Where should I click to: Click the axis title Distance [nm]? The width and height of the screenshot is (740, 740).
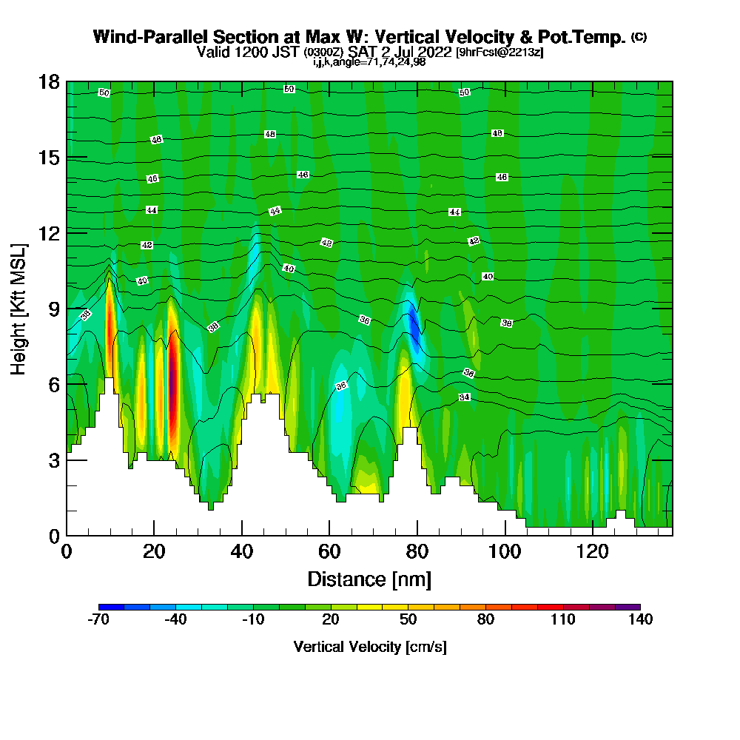coord(369,579)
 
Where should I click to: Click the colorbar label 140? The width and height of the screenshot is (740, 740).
coord(640,620)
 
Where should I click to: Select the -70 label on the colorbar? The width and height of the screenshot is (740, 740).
coord(98,620)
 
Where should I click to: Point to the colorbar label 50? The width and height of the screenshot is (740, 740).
coord(408,620)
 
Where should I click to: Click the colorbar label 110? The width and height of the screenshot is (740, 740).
coord(562,620)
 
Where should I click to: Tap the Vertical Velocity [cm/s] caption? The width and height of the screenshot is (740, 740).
coord(369,647)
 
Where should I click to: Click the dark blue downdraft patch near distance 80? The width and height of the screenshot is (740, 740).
coord(415,330)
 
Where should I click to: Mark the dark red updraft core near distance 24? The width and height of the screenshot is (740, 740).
coord(173,392)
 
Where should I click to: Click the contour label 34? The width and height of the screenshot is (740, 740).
coord(464,397)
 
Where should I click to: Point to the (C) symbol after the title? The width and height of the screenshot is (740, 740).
coord(639,36)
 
